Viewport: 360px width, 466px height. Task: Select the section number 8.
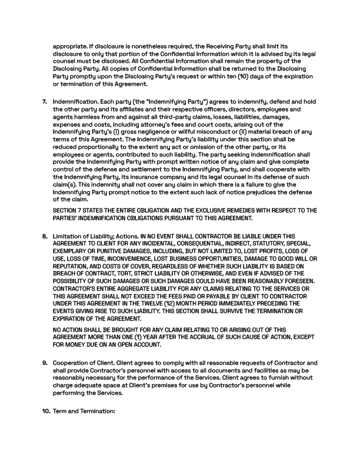point(44,236)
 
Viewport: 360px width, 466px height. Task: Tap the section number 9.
point(44,362)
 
